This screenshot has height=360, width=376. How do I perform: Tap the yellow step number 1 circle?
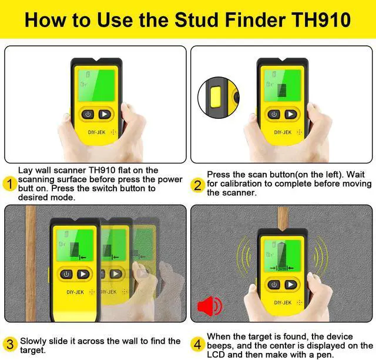pos(10,184)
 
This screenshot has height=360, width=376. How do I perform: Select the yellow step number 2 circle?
pos(197,185)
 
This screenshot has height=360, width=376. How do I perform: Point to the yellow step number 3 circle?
pos(10,344)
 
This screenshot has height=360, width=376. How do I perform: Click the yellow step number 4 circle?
pos(197,345)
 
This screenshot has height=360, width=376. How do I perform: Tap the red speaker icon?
pos(210,306)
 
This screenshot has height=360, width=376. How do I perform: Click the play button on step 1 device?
pos(105,114)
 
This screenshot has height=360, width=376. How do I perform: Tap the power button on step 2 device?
pos(274,114)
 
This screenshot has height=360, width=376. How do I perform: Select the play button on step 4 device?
pos(291,285)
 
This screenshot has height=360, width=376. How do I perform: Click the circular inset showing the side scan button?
pos(218,98)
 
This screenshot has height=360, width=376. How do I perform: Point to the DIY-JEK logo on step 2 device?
pos(283,132)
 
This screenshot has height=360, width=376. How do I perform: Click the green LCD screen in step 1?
pos(96,85)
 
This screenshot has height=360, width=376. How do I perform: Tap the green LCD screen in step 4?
pos(283,256)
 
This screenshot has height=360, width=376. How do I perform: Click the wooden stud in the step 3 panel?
pos(31,263)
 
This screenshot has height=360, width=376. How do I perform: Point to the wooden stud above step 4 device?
pos(283,218)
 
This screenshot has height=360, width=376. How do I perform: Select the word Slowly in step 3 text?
pos(33,341)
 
